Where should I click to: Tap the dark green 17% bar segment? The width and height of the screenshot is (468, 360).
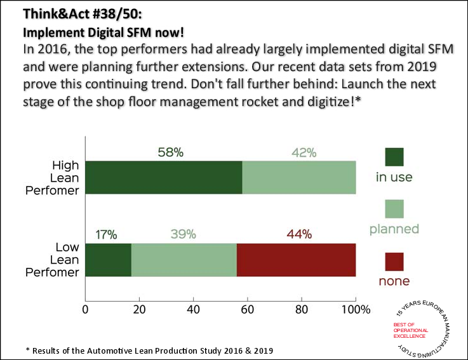point(108,260)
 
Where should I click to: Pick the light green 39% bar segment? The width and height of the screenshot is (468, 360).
point(184,260)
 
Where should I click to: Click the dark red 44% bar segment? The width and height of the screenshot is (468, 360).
point(296,260)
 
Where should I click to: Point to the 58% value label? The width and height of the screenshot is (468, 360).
point(170,152)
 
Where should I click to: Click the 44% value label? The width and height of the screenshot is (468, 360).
point(298,234)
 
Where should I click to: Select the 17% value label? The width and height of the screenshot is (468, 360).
point(105,234)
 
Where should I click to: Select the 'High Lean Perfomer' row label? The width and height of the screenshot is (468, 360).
point(57,177)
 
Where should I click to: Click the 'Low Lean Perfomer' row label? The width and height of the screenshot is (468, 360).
point(57,260)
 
